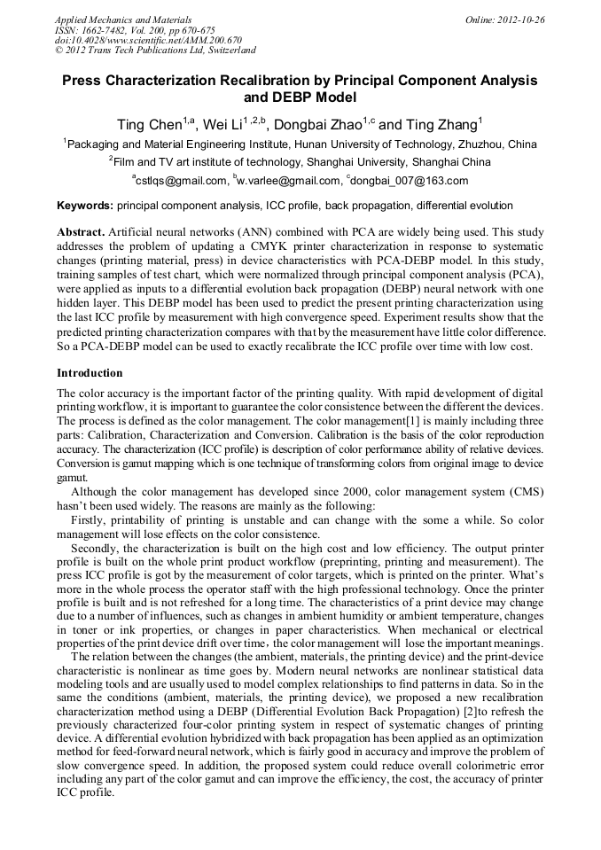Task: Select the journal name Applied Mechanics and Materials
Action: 123,19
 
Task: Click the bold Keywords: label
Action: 85,206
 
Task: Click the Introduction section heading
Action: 90,373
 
